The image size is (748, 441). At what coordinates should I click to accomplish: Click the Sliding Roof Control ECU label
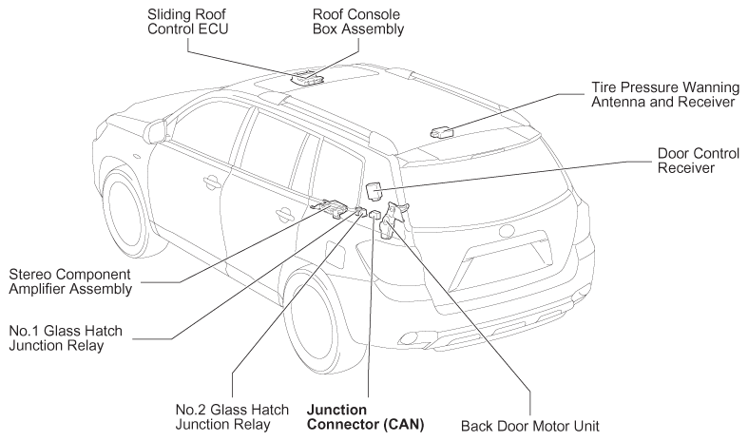pyautogui.click(x=187, y=22)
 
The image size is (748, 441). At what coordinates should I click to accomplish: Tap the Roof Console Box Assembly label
pyautogui.click(x=357, y=22)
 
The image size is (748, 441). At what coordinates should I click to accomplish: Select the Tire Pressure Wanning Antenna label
pyautogui.click(x=665, y=94)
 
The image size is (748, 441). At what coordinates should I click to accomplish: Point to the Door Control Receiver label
pyautogui.click(x=698, y=161)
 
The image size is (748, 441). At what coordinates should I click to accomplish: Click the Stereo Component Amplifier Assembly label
pyautogui.click(x=70, y=281)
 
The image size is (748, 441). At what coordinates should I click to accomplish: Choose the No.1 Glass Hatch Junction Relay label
pyautogui.click(x=66, y=338)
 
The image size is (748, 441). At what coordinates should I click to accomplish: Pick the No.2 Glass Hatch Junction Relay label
pyautogui.click(x=232, y=416)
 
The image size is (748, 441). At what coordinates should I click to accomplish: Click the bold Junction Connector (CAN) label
pyautogui.click(x=365, y=416)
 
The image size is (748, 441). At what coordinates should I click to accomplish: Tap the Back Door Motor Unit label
pyautogui.click(x=529, y=426)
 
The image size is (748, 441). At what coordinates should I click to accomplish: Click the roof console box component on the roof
pyautogui.click(x=307, y=78)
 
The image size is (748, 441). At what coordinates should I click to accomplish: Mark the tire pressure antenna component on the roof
pyautogui.click(x=441, y=131)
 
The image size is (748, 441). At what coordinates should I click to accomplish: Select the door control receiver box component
pyautogui.click(x=374, y=191)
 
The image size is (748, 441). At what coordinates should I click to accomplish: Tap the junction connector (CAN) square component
pyautogui.click(x=374, y=214)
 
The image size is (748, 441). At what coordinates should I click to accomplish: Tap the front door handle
pyautogui.click(x=210, y=182)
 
